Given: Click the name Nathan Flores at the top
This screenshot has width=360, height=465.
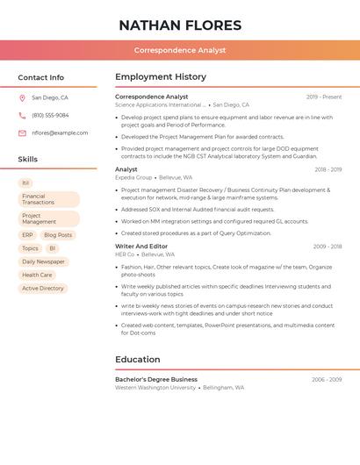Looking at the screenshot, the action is tap(180, 25).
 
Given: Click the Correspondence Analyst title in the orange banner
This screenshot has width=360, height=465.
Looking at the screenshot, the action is tap(180, 51).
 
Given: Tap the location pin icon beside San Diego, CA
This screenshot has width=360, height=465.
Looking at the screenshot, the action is tap(22, 98).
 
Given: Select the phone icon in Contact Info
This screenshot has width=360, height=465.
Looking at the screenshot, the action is tap(22, 116).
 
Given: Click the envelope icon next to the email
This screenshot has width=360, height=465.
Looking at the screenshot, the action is tap(22, 133).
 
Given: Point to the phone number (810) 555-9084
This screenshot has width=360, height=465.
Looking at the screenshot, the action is tap(50, 116).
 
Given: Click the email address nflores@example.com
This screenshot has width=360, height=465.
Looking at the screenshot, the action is tap(60, 133).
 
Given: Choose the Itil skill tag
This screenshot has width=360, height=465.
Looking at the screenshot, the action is tap(25, 182).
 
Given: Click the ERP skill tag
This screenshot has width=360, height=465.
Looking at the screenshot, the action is tap(27, 235).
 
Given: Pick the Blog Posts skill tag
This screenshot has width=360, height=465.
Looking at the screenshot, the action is tap(58, 235).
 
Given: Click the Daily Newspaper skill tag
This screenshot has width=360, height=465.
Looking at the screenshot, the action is tap(43, 261).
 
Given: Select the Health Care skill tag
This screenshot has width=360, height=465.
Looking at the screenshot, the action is tap(37, 275).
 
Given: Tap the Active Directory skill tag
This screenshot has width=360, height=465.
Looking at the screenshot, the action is tap(43, 288).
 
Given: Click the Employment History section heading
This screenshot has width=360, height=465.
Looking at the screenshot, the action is tap(161, 77).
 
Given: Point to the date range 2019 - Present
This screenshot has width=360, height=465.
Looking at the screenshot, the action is tap(324, 97).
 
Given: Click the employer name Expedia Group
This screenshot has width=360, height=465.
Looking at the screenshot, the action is tap(133, 177).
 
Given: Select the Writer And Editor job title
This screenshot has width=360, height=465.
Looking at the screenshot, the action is tap(141, 247).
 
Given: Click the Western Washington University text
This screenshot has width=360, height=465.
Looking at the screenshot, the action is tap(155, 387).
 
